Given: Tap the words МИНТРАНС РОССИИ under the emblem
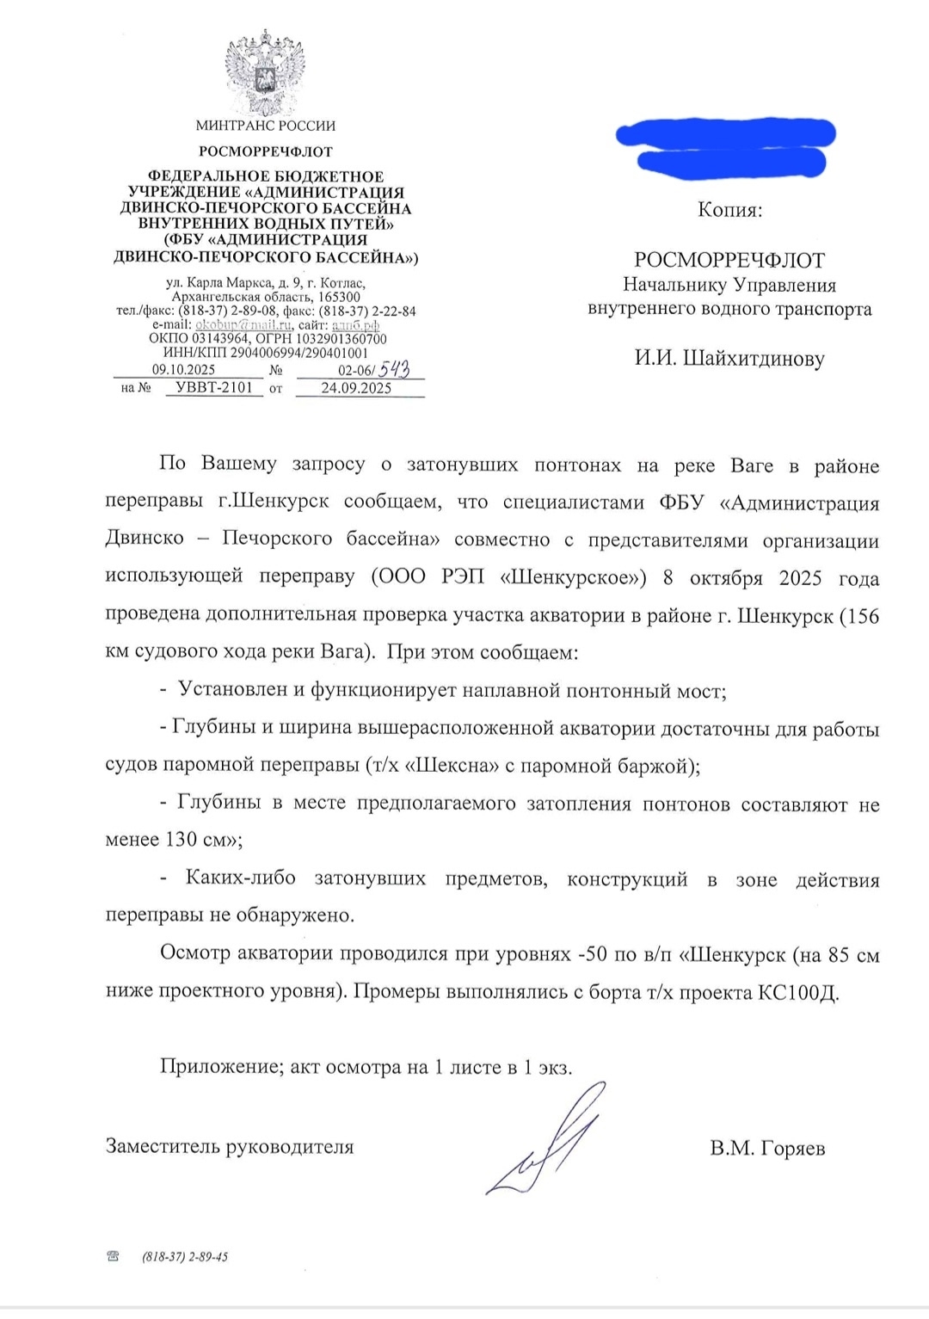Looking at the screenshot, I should pyautogui.click(x=265, y=126).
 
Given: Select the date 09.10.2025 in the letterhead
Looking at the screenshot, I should pyautogui.click(x=183, y=370).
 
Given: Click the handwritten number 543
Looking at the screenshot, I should pyautogui.click(x=394, y=369).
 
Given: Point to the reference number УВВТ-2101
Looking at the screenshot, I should pyautogui.click(x=214, y=388).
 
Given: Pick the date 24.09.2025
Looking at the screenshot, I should pyautogui.click(x=356, y=388).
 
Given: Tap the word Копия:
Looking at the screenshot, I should pyautogui.click(x=729, y=210).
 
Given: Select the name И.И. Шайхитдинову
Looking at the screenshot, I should pyautogui.click(x=729, y=358).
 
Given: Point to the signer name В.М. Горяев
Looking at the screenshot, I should pyautogui.click(x=767, y=1149).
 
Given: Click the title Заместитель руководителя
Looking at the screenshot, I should pyautogui.click(x=230, y=1147).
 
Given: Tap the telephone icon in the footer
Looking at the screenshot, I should pyautogui.click(x=113, y=1257).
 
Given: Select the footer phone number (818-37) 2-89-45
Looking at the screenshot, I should pyautogui.click(x=185, y=1257).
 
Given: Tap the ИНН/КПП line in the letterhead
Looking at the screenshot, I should pyautogui.click(x=265, y=353).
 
